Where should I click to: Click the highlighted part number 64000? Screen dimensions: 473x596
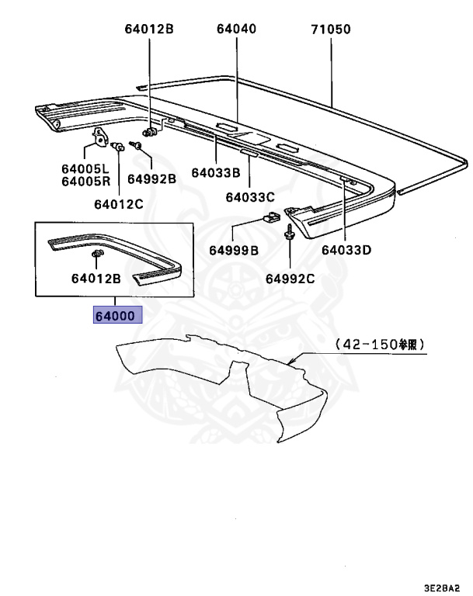pos(114,317)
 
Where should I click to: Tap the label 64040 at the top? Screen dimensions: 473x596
pos(236,29)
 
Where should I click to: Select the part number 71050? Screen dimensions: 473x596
pos(331,29)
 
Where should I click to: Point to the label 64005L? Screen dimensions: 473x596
pos(85,168)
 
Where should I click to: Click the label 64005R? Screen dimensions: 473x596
pos(85,182)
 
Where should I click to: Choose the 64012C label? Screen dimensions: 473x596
pos(119,205)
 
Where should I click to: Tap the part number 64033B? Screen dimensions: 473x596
pos(217,172)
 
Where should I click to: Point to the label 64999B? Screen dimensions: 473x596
pos(233,251)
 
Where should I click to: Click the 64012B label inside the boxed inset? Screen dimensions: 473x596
pos(96,278)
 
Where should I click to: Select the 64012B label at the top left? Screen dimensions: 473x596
pos(148,29)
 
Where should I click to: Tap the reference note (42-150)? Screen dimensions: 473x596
pos(380,344)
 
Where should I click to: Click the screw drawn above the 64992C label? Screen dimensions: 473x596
pos(289,232)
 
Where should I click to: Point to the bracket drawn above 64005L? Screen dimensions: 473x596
pos(99,138)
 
